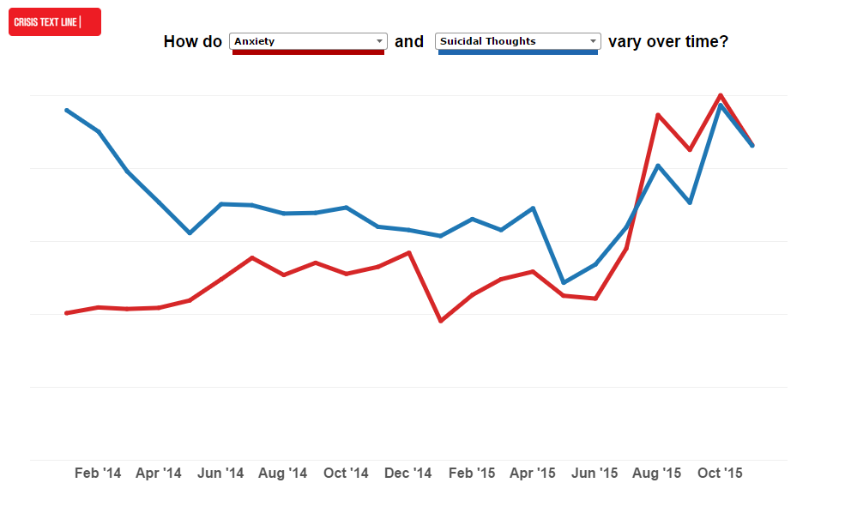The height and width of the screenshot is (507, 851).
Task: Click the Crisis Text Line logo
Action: click(54, 21)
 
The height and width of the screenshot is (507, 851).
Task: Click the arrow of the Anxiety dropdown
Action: click(379, 41)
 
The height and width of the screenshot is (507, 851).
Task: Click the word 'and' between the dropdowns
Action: click(409, 41)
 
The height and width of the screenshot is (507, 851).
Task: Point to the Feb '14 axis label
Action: click(98, 474)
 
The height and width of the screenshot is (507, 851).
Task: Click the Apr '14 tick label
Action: click(159, 474)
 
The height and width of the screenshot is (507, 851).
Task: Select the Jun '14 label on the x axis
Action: click(220, 474)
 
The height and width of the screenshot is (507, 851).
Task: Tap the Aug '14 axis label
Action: click(282, 474)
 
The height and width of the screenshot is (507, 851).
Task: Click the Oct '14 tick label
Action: click(346, 474)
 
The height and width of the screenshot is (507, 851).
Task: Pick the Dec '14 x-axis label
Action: click(407, 474)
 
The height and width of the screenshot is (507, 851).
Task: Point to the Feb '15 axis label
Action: click(472, 474)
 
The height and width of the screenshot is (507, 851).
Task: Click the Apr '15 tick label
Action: click(533, 474)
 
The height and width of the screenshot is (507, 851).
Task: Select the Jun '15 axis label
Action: click(594, 474)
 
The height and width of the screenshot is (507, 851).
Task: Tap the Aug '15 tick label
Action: click(657, 474)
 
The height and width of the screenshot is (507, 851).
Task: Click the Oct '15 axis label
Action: click(720, 474)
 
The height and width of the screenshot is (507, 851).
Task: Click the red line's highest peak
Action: click(721, 95)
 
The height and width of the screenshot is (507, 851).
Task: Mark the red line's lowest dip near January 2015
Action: click(441, 321)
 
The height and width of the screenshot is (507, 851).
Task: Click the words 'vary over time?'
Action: click(668, 41)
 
